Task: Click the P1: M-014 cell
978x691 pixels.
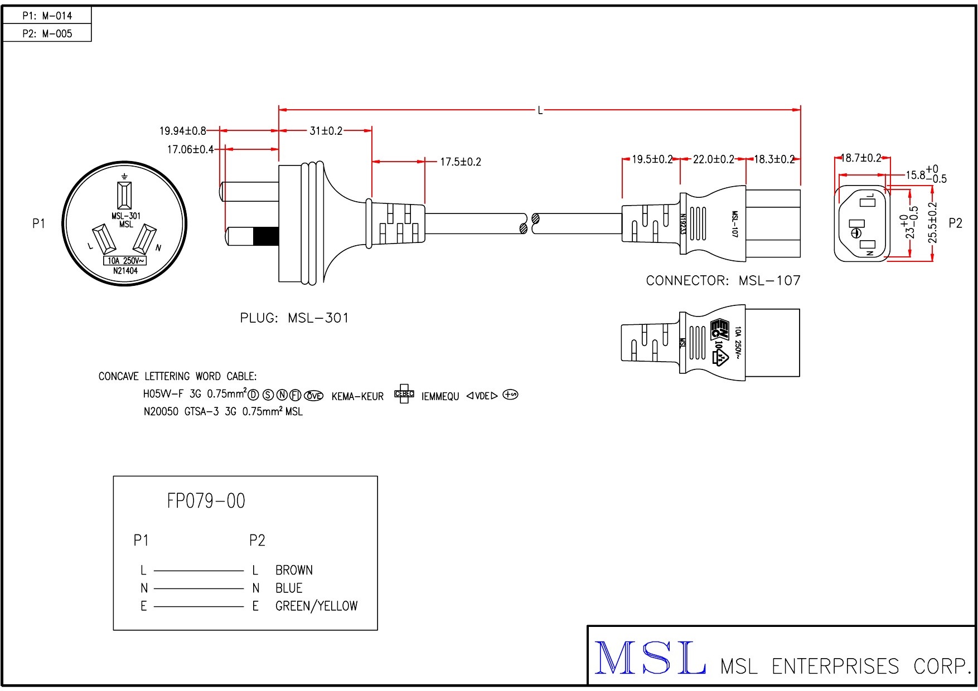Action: [x=47, y=16]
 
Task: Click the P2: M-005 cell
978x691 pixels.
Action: [x=47, y=33]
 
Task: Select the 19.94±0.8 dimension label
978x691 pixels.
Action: [x=182, y=131]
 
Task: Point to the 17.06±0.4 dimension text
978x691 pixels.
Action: [x=190, y=149]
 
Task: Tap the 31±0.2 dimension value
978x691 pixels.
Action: [x=326, y=131]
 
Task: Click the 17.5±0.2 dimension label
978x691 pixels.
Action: [x=461, y=162]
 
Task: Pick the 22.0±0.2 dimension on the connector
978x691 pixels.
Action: [x=713, y=159]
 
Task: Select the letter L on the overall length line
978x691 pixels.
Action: [x=540, y=110]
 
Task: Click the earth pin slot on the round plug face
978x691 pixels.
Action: [x=124, y=194]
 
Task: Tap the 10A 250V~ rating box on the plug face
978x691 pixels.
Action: [x=125, y=261]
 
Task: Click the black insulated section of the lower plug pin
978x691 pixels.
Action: [x=265, y=237]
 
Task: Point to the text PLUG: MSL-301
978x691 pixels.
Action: [x=294, y=318]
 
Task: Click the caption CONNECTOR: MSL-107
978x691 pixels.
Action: [x=723, y=280]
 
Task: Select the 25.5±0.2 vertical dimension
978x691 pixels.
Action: [x=933, y=223]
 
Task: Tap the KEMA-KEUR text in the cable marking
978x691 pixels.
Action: [x=357, y=397]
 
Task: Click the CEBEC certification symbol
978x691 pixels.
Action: [x=404, y=394]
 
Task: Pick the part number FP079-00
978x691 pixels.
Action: [x=206, y=501]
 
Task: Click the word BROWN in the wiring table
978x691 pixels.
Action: [x=294, y=570]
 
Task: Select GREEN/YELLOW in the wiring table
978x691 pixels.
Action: [x=316, y=606]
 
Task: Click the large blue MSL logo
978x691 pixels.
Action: [x=650, y=659]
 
